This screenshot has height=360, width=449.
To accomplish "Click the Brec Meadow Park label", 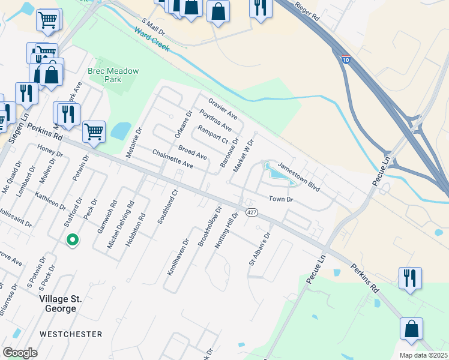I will tap(113, 75).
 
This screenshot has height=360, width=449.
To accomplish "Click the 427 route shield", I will tap(252, 212).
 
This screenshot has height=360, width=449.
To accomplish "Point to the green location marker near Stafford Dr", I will tap(72, 240).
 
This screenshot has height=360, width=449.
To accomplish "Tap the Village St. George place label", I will tap(58, 304).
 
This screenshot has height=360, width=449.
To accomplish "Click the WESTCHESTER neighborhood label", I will tap(71, 334).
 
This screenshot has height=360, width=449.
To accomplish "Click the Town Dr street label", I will tap(280, 199).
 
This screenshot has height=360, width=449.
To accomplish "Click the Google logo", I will tap(20, 353).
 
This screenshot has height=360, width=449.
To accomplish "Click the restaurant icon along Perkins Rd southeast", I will tap(410, 278).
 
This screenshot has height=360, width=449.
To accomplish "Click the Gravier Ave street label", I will tap(223, 108).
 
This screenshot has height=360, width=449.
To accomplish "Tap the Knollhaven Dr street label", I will tap(178, 257).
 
